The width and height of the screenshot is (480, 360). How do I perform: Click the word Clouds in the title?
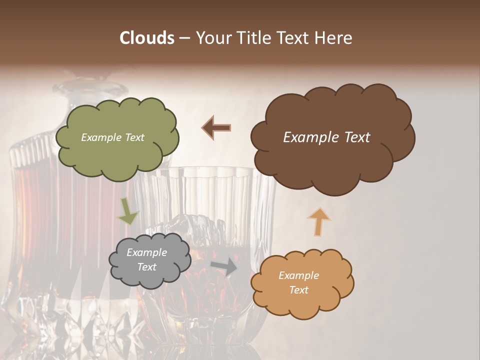click(147, 38)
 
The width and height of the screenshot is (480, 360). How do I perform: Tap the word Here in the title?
click(333, 38)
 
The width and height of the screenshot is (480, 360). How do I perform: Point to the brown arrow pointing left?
click(216, 128)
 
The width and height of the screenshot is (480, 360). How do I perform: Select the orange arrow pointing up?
click(318, 221)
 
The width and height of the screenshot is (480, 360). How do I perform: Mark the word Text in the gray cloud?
click(147, 267)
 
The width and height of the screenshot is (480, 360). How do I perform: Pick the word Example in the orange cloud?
click(298, 275)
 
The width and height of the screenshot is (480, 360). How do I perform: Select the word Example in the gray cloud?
click(147, 252)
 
